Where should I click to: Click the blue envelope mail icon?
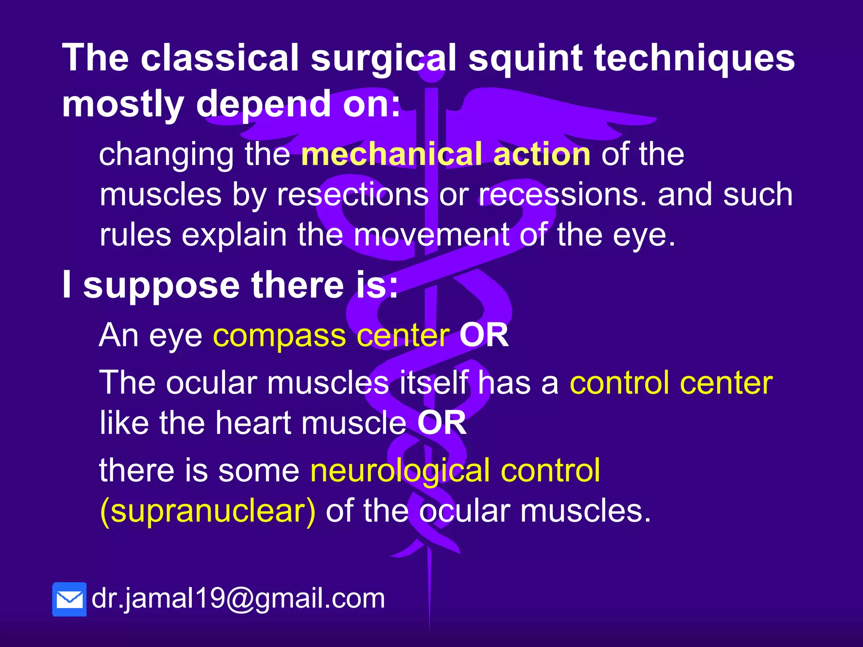coord(70,599)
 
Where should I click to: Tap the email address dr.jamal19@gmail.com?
coord(238,598)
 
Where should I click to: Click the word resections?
coord(352,195)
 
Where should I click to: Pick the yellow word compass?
coord(279,336)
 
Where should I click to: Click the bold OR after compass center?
coord(484,335)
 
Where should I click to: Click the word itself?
coord(434,383)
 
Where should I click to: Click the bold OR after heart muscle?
coord(442,423)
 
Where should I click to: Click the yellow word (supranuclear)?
coord(207,511)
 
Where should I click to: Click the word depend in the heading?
coord(264,104)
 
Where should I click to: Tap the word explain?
coord(234,235)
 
